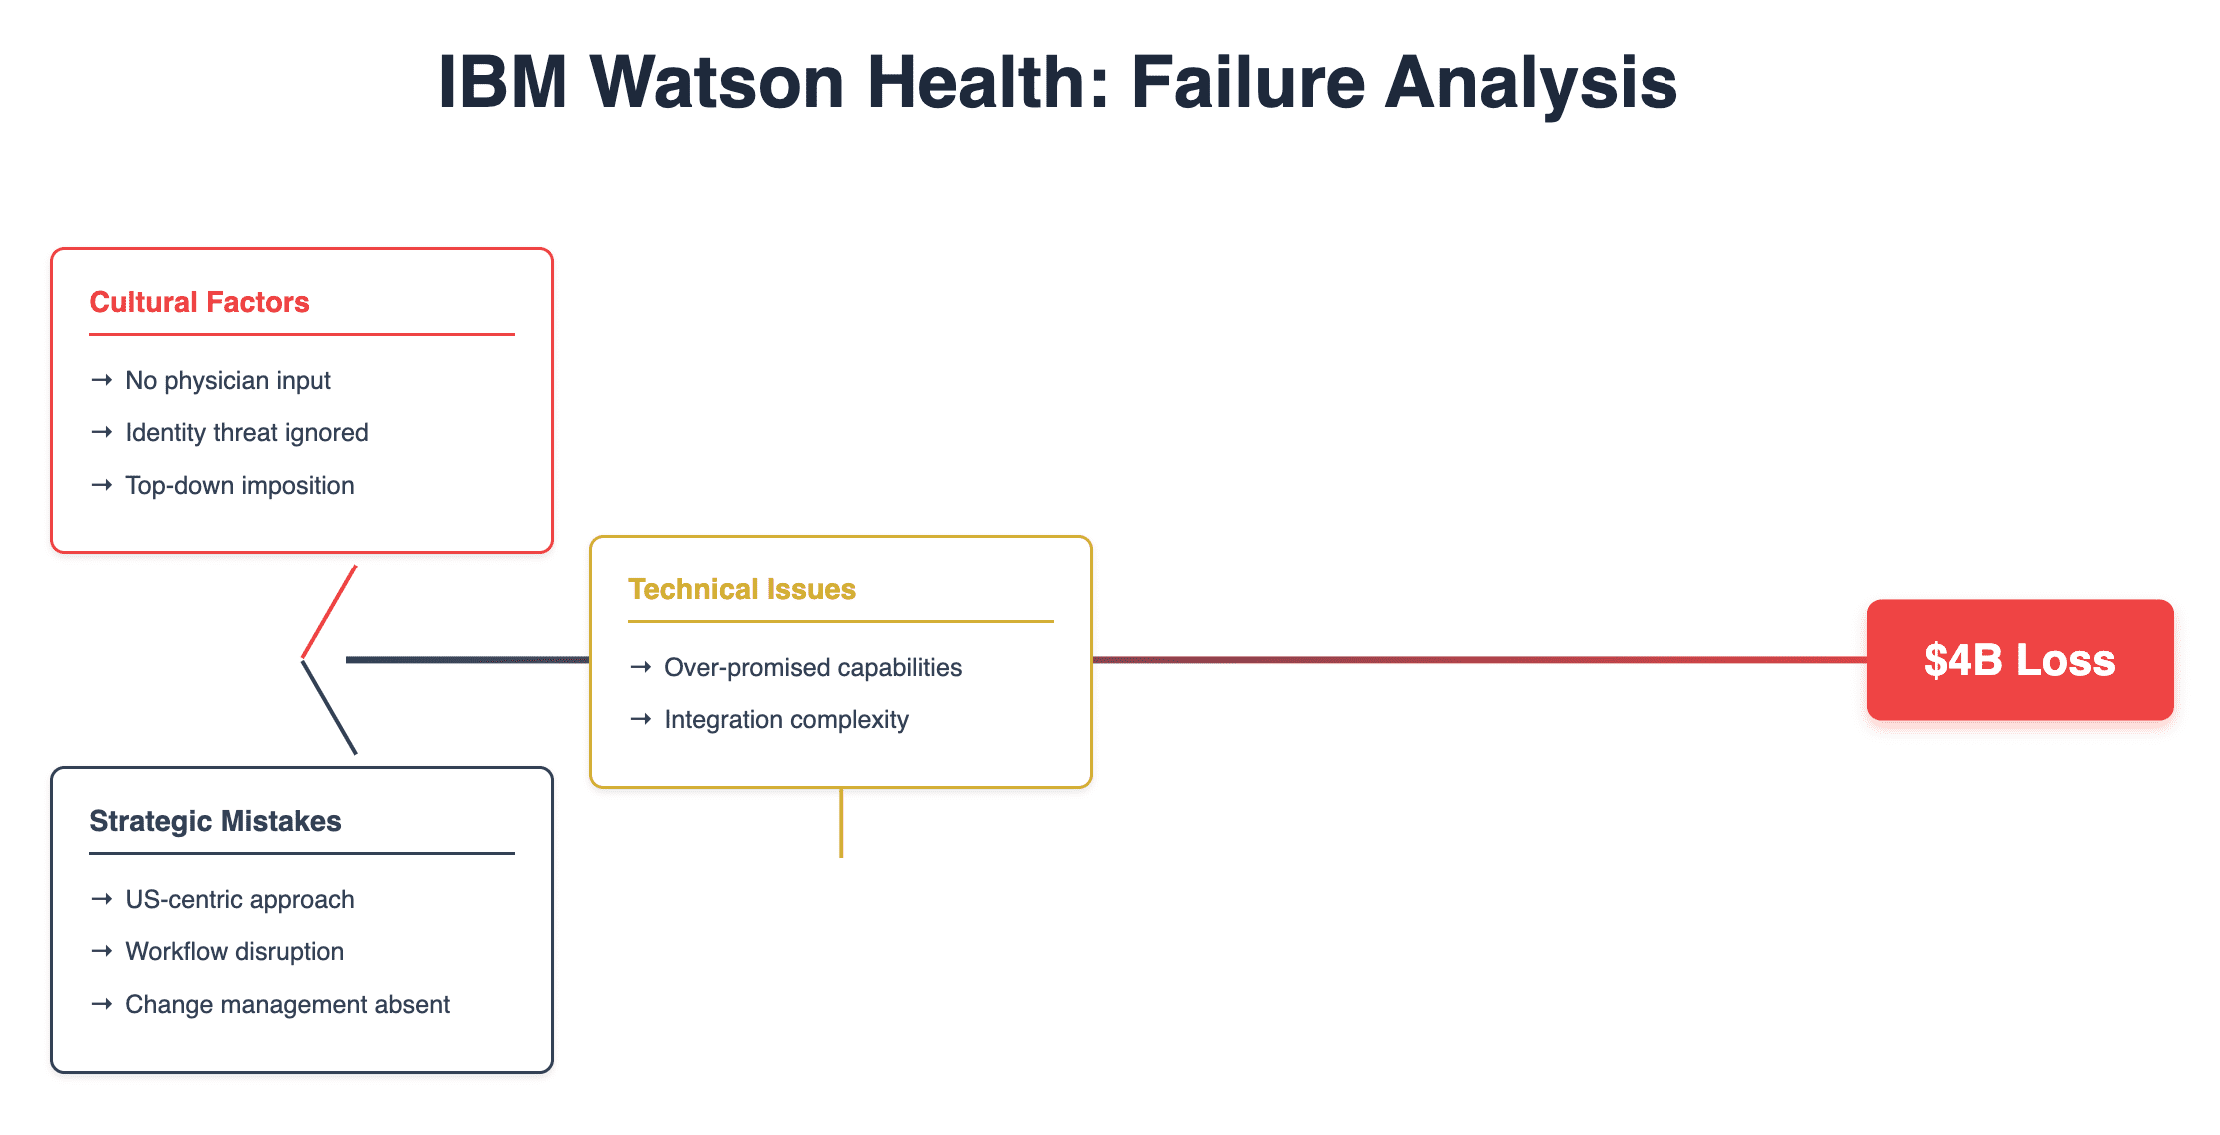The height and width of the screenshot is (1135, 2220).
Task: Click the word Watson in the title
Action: click(718, 82)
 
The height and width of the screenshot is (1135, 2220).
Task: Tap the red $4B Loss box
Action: click(2020, 660)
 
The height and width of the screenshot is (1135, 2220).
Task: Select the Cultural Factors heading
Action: click(200, 302)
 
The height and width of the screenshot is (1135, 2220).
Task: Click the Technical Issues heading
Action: click(742, 589)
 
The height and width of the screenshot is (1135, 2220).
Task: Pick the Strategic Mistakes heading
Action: click(216, 821)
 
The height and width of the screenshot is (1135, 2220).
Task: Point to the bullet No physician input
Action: click(228, 381)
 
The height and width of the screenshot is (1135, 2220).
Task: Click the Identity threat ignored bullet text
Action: click(247, 433)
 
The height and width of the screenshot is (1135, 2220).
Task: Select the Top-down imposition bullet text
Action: click(240, 486)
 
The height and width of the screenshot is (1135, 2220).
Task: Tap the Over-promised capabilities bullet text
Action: click(813, 668)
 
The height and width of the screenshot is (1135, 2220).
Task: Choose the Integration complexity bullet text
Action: click(787, 720)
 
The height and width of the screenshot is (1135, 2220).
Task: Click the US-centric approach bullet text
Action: click(240, 900)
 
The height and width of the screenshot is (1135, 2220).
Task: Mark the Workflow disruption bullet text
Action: click(235, 952)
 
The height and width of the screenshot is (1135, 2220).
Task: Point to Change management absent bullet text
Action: click(288, 1005)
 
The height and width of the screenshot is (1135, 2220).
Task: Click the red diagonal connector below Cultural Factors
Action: click(329, 611)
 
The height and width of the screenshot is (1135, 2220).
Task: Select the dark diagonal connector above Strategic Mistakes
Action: click(329, 707)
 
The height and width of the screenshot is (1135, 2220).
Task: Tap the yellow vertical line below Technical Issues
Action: click(841, 823)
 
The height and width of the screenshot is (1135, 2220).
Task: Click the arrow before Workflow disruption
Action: click(101, 952)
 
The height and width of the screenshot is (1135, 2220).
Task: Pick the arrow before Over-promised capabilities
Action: click(641, 667)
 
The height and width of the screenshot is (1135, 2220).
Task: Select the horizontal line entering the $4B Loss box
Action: click(1480, 660)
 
